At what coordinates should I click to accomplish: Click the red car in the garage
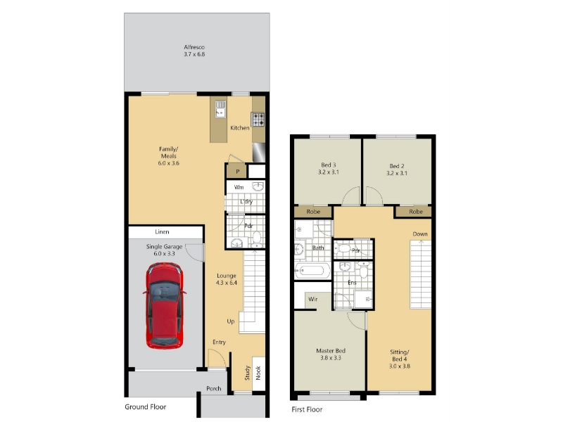tap(165, 306)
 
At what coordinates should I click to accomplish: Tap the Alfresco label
tap(194, 51)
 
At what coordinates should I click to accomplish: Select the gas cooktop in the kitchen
tap(258, 120)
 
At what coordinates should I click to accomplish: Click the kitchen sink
tap(220, 109)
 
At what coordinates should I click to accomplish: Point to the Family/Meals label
tap(169, 155)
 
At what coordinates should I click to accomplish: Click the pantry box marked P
tap(237, 171)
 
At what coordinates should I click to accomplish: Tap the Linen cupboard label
tap(162, 232)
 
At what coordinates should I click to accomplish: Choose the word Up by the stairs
tap(231, 321)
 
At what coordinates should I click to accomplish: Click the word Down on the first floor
tap(420, 234)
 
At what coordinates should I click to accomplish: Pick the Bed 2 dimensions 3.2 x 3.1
tap(397, 173)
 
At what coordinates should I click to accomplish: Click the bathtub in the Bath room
tap(312, 271)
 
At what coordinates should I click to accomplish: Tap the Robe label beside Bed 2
tap(416, 212)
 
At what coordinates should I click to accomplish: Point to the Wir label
tap(312, 299)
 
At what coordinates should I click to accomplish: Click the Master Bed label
tap(331, 350)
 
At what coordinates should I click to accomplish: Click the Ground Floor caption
tap(146, 407)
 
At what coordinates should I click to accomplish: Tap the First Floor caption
tap(307, 409)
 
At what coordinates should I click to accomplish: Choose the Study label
tap(248, 373)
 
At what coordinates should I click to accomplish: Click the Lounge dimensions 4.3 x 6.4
tap(227, 283)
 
